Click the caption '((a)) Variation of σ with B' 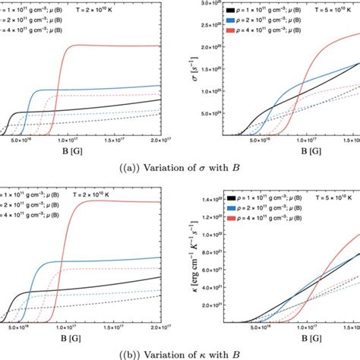click(180, 168)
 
